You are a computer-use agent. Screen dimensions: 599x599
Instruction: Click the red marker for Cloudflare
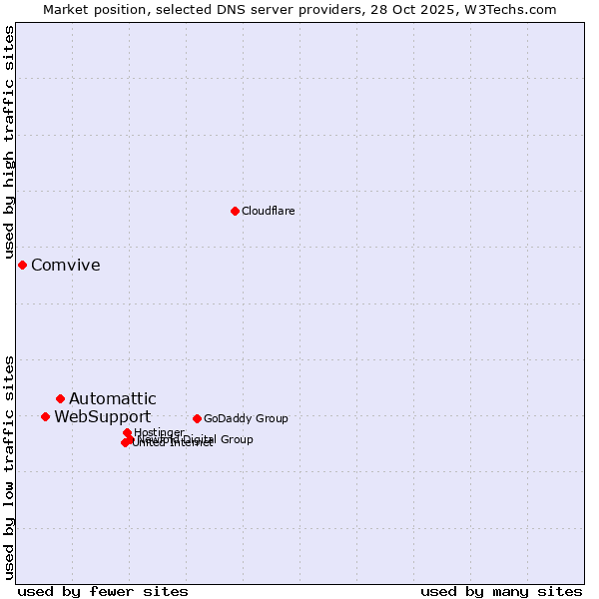235,211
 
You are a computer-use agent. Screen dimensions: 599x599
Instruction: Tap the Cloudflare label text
268,211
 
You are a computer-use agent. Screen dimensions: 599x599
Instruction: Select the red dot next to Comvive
22,265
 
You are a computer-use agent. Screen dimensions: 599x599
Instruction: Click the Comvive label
65,266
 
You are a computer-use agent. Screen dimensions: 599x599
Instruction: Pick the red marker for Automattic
60,398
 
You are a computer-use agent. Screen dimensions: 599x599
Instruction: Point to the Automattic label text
112,399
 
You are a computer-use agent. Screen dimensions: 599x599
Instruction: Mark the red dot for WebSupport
45,416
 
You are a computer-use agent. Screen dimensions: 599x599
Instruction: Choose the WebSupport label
102,417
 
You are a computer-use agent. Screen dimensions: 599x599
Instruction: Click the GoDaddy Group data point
197,418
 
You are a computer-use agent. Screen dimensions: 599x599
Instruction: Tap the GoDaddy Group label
246,418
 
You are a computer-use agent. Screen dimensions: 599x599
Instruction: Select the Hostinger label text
159,432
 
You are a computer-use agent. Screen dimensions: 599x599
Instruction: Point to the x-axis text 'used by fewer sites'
103,591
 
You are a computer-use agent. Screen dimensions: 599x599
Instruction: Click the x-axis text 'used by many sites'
501,591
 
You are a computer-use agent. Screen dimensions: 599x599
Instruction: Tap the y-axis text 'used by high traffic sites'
9,143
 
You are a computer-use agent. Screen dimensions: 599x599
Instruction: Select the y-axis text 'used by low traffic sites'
9,466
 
